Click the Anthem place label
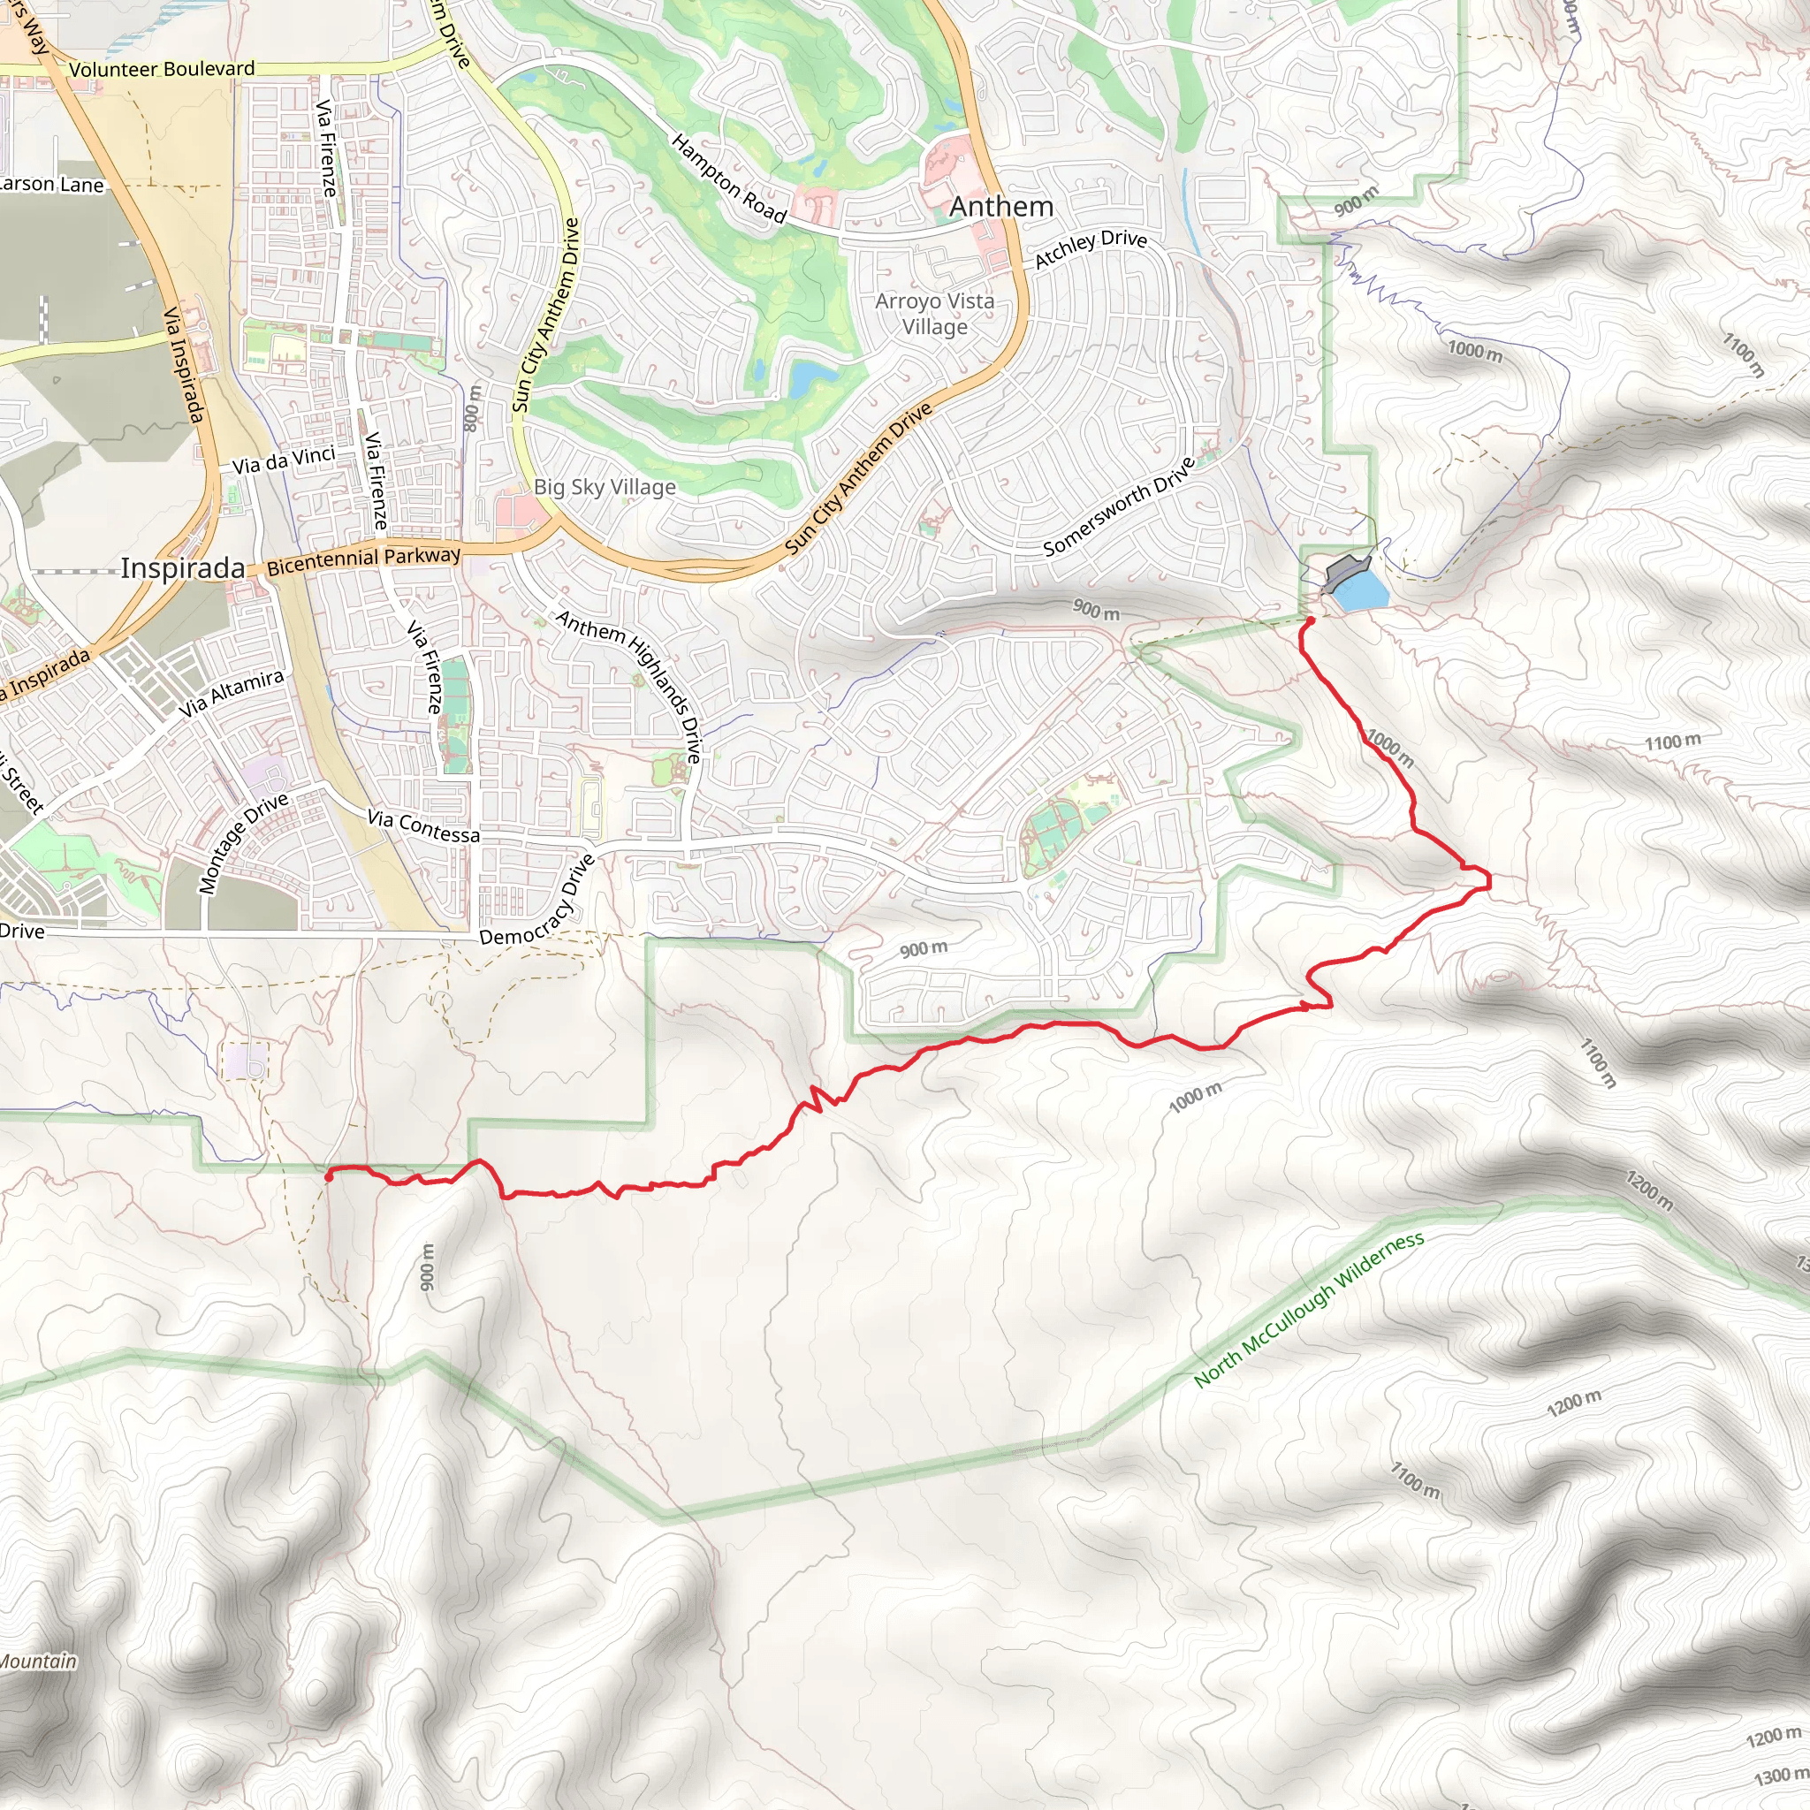1001,206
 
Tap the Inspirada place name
183,568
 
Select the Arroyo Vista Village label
934,314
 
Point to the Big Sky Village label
605,487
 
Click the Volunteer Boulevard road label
161,69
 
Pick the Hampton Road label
729,178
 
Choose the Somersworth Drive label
1120,506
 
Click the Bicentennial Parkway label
363,559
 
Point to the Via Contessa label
423,826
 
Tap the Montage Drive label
244,843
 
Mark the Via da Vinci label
283,460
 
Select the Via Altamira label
232,693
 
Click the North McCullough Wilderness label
1309,1309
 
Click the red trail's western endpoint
328,1172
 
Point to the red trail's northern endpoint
1310,620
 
